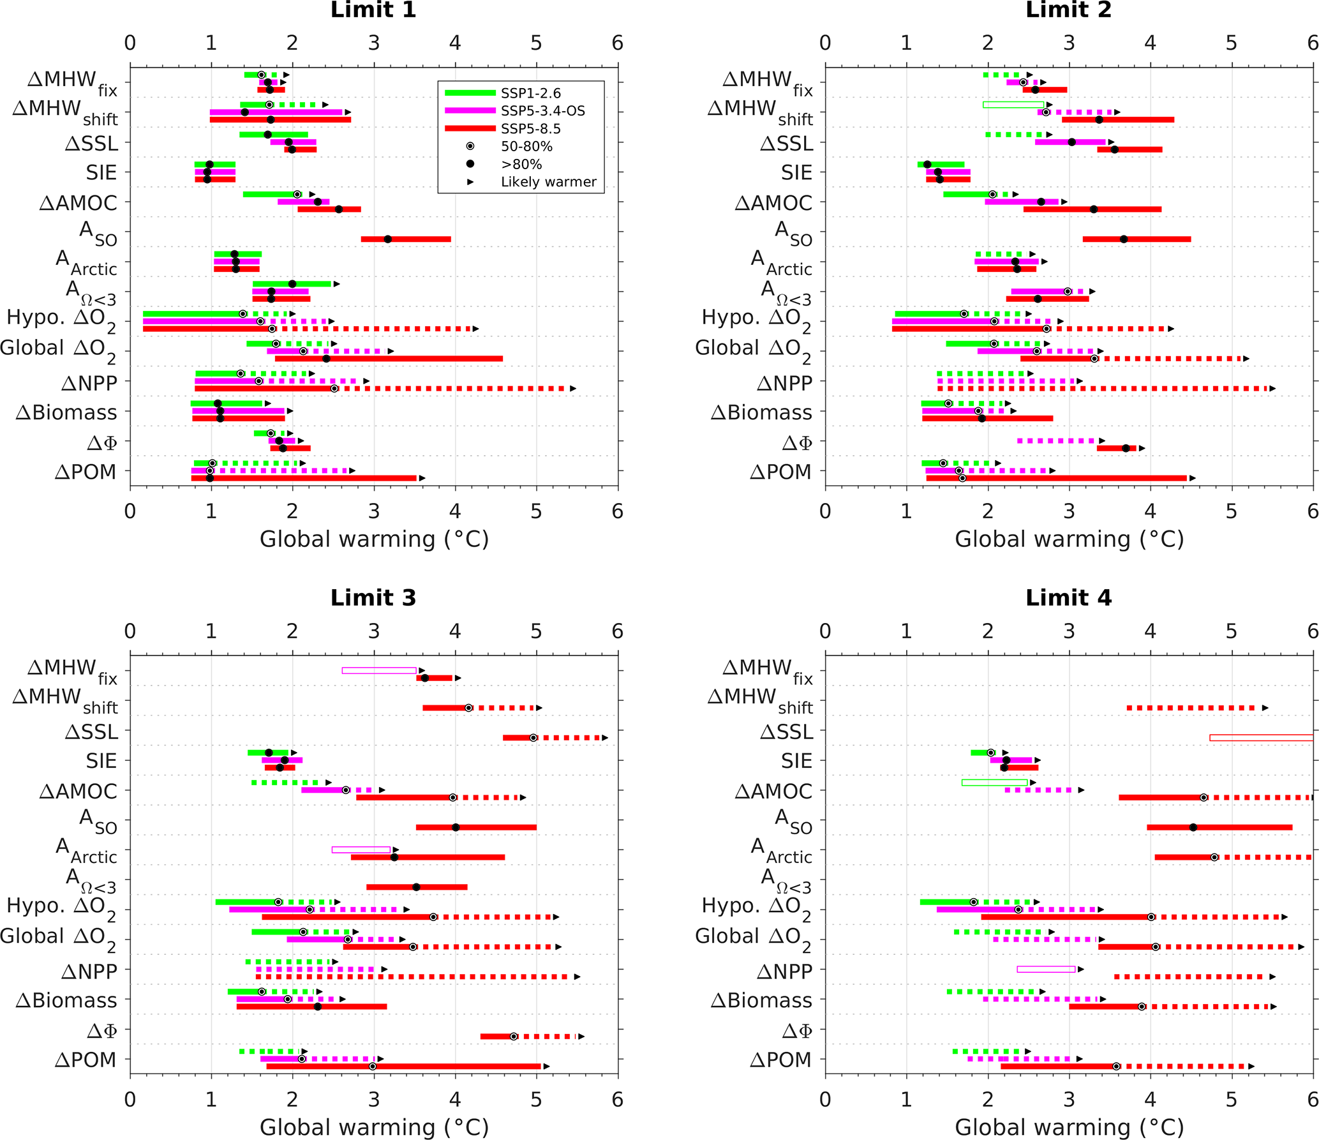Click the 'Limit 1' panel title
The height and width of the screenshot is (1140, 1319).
click(373, 10)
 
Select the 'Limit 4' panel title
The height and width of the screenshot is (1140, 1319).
click(1068, 598)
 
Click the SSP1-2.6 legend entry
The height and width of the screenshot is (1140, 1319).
click(530, 93)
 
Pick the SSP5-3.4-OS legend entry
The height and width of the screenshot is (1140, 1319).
click(542, 111)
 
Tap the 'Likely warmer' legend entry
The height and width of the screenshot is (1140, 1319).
click(548, 182)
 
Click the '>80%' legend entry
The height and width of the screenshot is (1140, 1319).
click(521, 164)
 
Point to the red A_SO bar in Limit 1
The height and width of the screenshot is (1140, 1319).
click(406, 239)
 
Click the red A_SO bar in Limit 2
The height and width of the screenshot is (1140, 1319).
click(1136, 239)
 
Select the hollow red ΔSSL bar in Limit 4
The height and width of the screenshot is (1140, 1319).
click(1261, 738)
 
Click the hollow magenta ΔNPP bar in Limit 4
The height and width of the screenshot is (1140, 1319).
click(1046, 970)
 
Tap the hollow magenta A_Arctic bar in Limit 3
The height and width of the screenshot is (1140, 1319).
click(361, 850)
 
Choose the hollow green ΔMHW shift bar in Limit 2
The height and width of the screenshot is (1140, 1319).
click(1013, 105)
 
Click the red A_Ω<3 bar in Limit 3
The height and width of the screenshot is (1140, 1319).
click(417, 887)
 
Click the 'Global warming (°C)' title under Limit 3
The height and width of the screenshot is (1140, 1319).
click(374, 1127)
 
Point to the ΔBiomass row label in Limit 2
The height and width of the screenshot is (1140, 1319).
click(761, 413)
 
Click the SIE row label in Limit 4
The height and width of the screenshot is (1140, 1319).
click(797, 761)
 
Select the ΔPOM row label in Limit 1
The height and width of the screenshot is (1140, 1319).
click(86, 472)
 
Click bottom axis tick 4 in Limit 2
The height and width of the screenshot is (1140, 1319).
click(1150, 511)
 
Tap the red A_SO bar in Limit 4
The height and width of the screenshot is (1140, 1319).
click(1219, 827)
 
